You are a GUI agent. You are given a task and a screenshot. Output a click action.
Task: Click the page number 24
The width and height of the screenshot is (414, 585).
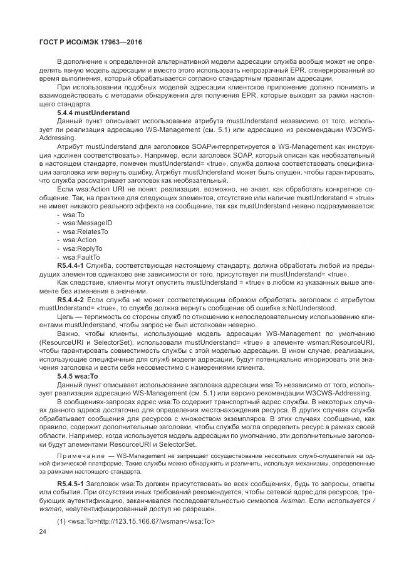[x=43, y=531]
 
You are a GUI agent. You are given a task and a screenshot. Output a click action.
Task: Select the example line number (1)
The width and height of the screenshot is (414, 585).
[x=61, y=521]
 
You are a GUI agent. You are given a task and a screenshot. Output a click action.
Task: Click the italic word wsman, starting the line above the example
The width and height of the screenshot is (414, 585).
[x=52, y=511]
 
